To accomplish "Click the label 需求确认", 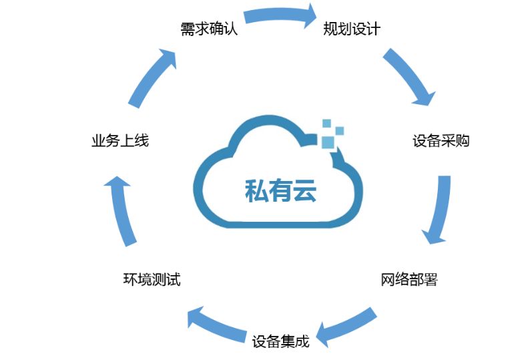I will (x=209, y=29).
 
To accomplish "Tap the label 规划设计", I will (x=351, y=29).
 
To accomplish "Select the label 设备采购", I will (x=441, y=141).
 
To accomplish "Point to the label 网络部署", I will (x=409, y=279).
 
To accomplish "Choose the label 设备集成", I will (x=281, y=341).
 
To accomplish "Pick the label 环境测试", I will (x=152, y=279).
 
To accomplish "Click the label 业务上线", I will (x=120, y=141).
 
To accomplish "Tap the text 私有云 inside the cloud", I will (x=280, y=191).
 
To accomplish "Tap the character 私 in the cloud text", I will (x=257, y=191).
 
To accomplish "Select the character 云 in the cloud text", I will (x=304, y=191).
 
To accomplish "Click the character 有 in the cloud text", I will (x=280, y=191).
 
